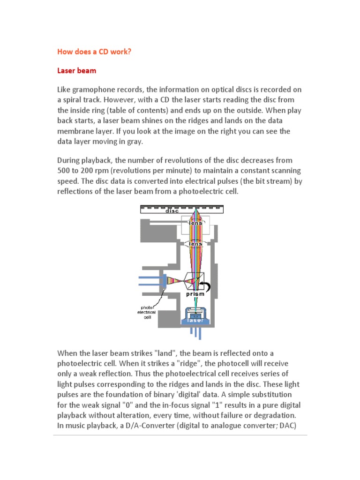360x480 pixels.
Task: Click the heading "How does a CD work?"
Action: (x=94, y=51)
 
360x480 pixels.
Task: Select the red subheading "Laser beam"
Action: (x=77, y=70)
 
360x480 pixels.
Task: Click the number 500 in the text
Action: (x=65, y=170)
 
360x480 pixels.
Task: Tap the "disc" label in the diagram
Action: (x=172, y=211)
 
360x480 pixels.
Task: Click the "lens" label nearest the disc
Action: (x=195, y=223)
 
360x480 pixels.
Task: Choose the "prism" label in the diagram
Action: (x=195, y=294)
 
